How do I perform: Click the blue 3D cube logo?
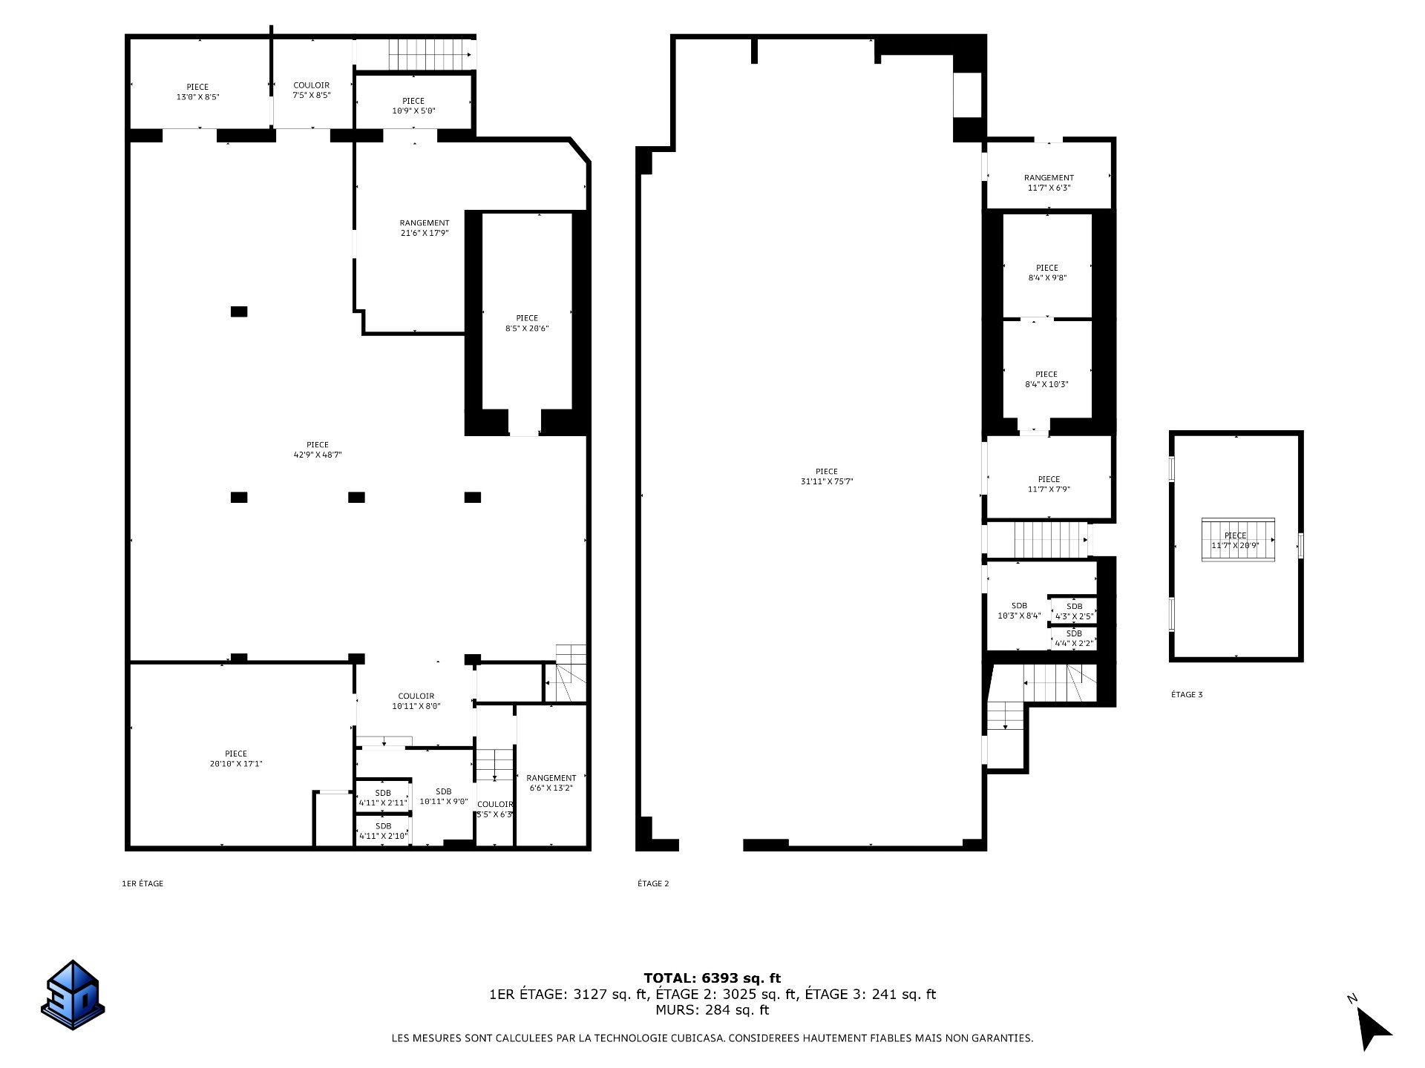pyautogui.click(x=73, y=995)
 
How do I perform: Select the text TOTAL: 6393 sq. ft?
pyautogui.click(x=712, y=978)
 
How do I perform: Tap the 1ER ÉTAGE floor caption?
pyautogui.click(x=142, y=883)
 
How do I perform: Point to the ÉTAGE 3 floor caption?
pyautogui.click(x=1187, y=694)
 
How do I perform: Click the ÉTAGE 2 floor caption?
pyautogui.click(x=653, y=883)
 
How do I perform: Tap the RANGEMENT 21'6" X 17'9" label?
pyautogui.click(x=425, y=228)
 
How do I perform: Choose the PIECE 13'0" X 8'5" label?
pyautogui.click(x=197, y=92)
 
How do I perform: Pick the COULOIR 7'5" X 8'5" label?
pyautogui.click(x=312, y=90)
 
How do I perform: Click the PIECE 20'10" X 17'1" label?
pyautogui.click(x=236, y=759)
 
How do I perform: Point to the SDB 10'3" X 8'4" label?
pyautogui.click(x=1019, y=610)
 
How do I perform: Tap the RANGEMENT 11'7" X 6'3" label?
pyautogui.click(x=1049, y=182)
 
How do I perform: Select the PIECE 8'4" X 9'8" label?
pyautogui.click(x=1047, y=273)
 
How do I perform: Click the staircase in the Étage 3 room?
pyautogui.click(x=1238, y=540)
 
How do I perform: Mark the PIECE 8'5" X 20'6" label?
pyautogui.click(x=527, y=323)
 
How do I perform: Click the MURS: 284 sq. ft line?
pyautogui.click(x=712, y=1009)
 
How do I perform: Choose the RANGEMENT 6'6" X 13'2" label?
pyautogui.click(x=551, y=782)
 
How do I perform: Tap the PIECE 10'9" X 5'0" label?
pyautogui.click(x=413, y=106)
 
